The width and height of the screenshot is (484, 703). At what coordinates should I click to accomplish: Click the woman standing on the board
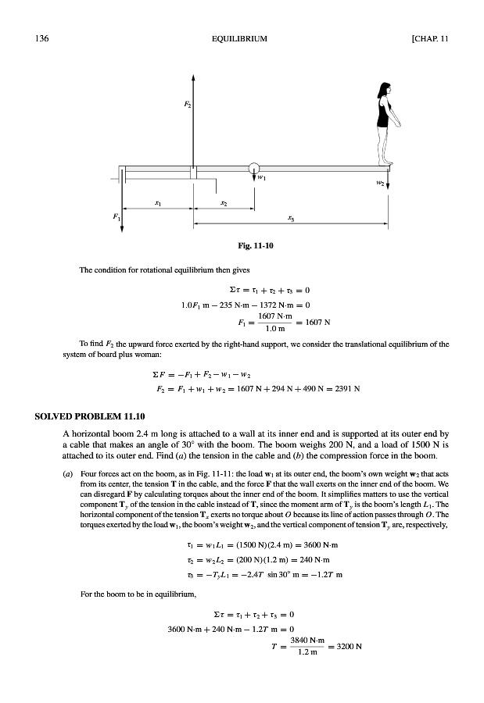pos(385,122)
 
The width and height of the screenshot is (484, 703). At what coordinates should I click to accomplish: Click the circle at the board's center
pos(253,167)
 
